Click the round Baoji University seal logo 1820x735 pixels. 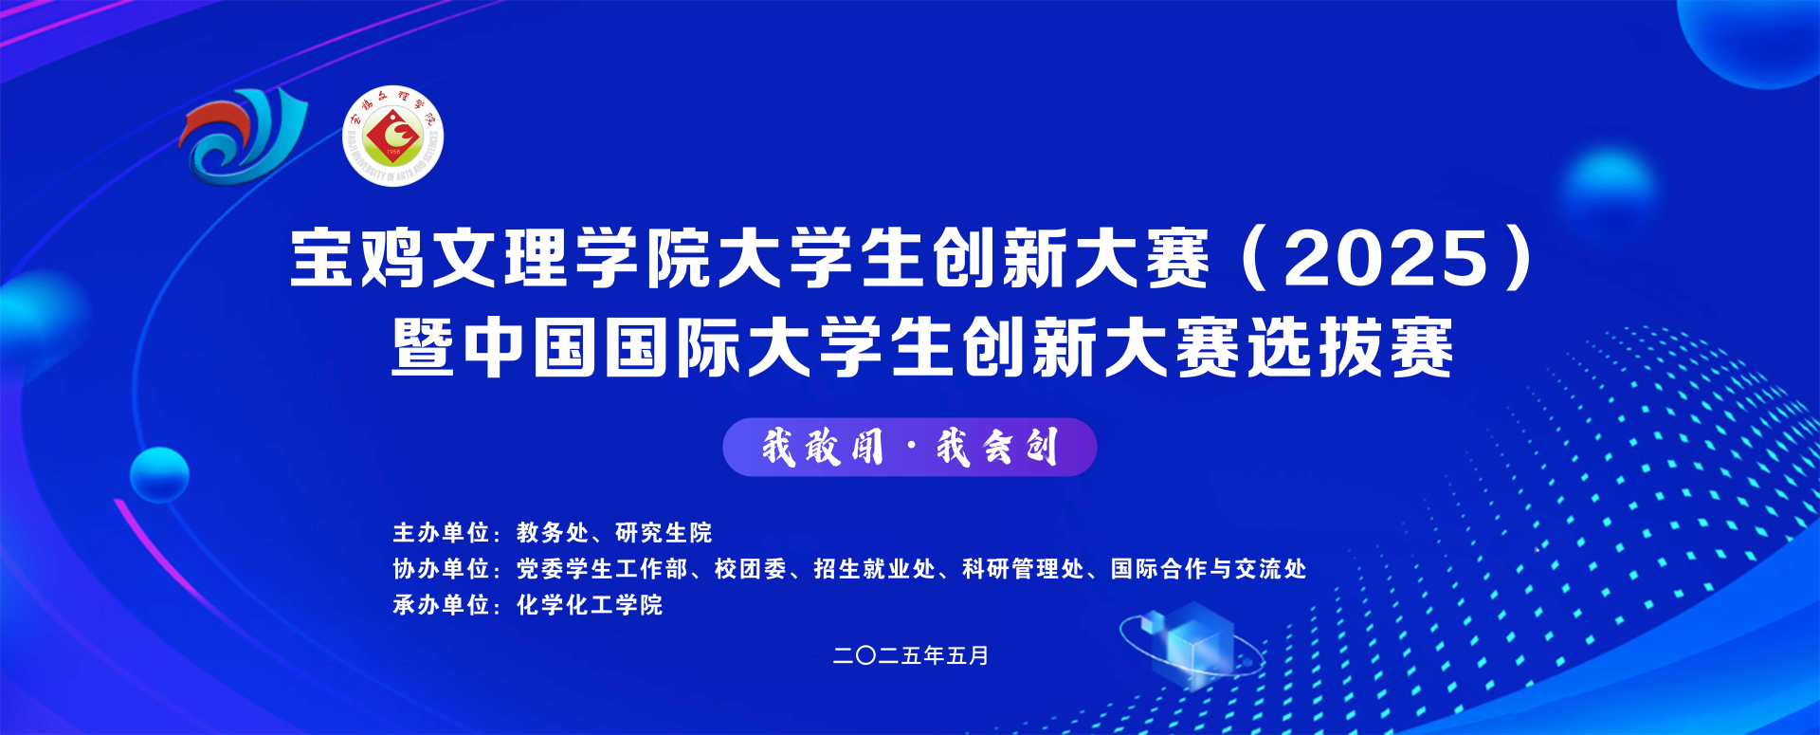click(392, 137)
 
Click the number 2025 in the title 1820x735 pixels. click(1387, 258)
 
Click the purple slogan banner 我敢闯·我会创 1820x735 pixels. click(909, 447)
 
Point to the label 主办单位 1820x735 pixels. click(441, 533)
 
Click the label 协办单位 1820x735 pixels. click(441, 569)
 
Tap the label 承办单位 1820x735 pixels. click(441, 605)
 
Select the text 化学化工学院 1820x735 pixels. click(590, 605)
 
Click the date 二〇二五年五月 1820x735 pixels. click(911, 655)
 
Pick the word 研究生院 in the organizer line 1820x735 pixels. click(664, 533)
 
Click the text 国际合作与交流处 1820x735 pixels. click(1209, 569)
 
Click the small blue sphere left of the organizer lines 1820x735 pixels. click(159, 474)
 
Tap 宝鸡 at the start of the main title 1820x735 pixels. click(357, 258)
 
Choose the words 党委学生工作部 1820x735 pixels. click(602, 569)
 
